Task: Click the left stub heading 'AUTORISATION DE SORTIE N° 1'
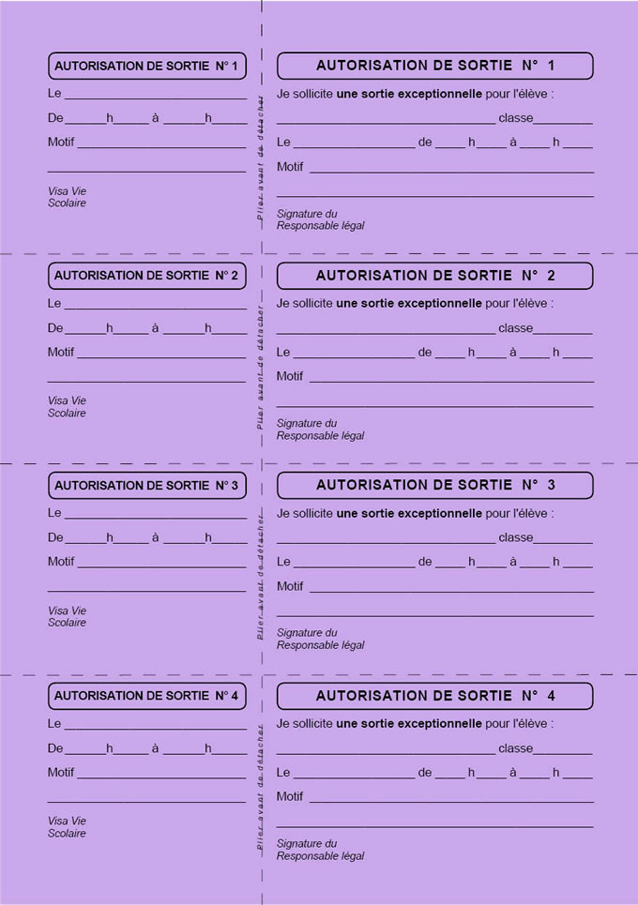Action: [x=146, y=66]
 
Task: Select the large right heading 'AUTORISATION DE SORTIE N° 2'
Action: [x=435, y=276]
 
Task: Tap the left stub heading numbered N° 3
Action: [x=146, y=486]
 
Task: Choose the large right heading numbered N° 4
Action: [x=435, y=696]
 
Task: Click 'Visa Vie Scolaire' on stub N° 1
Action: [x=67, y=197]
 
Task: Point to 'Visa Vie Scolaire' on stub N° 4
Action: [x=67, y=827]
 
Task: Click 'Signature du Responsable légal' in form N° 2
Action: [x=320, y=430]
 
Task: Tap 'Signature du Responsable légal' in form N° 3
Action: [x=320, y=639]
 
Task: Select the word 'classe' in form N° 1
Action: [x=515, y=118]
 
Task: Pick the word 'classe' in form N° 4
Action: [x=515, y=748]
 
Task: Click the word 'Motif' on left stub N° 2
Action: [x=61, y=353]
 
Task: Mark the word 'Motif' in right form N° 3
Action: [x=290, y=586]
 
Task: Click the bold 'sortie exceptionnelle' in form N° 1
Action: [x=421, y=94]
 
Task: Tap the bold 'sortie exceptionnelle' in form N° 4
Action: [x=421, y=724]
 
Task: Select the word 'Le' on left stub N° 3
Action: [x=54, y=513]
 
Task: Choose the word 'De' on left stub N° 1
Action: [x=55, y=118]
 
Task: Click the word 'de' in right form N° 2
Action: [x=425, y=353]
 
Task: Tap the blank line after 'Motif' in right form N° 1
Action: [x=450, y=170]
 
